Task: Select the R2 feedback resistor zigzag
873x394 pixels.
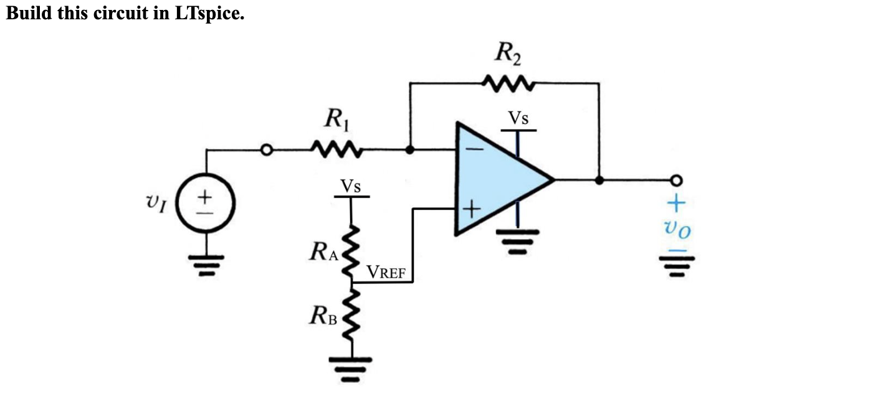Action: click(x=508, y=83)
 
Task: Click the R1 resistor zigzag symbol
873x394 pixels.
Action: click(x=335, y=150)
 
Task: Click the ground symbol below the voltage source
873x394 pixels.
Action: click(x=205, y=264)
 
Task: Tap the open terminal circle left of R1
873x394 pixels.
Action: click(x=267, y=150)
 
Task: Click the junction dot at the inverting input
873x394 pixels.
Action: click(x=409, y=150)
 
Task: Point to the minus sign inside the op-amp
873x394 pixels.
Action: click(x=474, y=150)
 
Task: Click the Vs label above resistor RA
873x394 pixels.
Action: click(x=351, y=185)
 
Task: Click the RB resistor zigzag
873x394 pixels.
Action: click(x=351, y=317)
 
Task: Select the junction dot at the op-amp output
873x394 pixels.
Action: click(x=599, y=181)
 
